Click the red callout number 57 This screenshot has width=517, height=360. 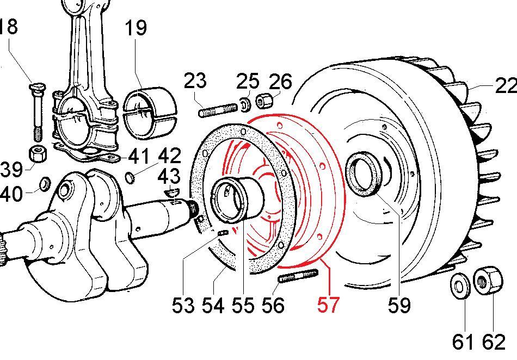pos(328,305)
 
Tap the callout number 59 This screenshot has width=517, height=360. pos(399,305)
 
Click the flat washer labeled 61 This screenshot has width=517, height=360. pos(460,286)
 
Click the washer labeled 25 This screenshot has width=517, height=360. pos(245,104)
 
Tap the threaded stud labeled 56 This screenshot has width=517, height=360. pos(299,276)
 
